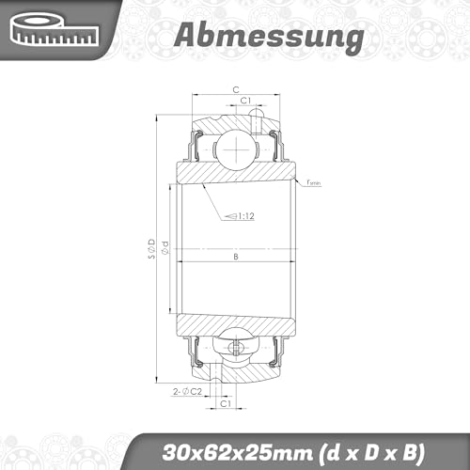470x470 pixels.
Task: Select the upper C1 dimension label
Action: tap(243, 100)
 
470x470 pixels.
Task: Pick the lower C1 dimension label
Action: tap(226, 402)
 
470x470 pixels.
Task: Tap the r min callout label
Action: tap(313, 184)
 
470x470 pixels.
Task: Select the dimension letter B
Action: tap(234, 257)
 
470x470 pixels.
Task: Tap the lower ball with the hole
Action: tap(234, 348)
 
